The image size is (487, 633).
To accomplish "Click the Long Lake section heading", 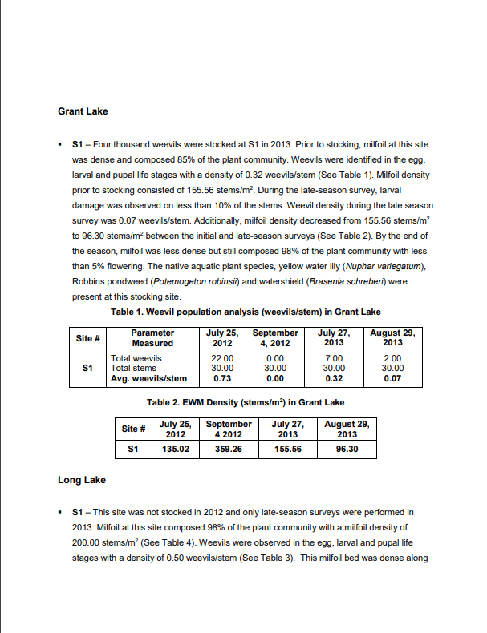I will [x=82, y=480].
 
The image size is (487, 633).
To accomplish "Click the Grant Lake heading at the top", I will [x=83, y=111].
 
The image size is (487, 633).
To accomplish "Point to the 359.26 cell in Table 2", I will [x=229, y=450].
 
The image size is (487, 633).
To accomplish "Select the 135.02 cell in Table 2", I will [x=176, y=450].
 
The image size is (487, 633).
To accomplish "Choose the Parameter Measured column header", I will [x=152, y=337].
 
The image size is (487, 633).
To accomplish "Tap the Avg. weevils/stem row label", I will [x=148, y=378].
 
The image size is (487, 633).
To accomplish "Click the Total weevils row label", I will [x=136, y=358].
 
